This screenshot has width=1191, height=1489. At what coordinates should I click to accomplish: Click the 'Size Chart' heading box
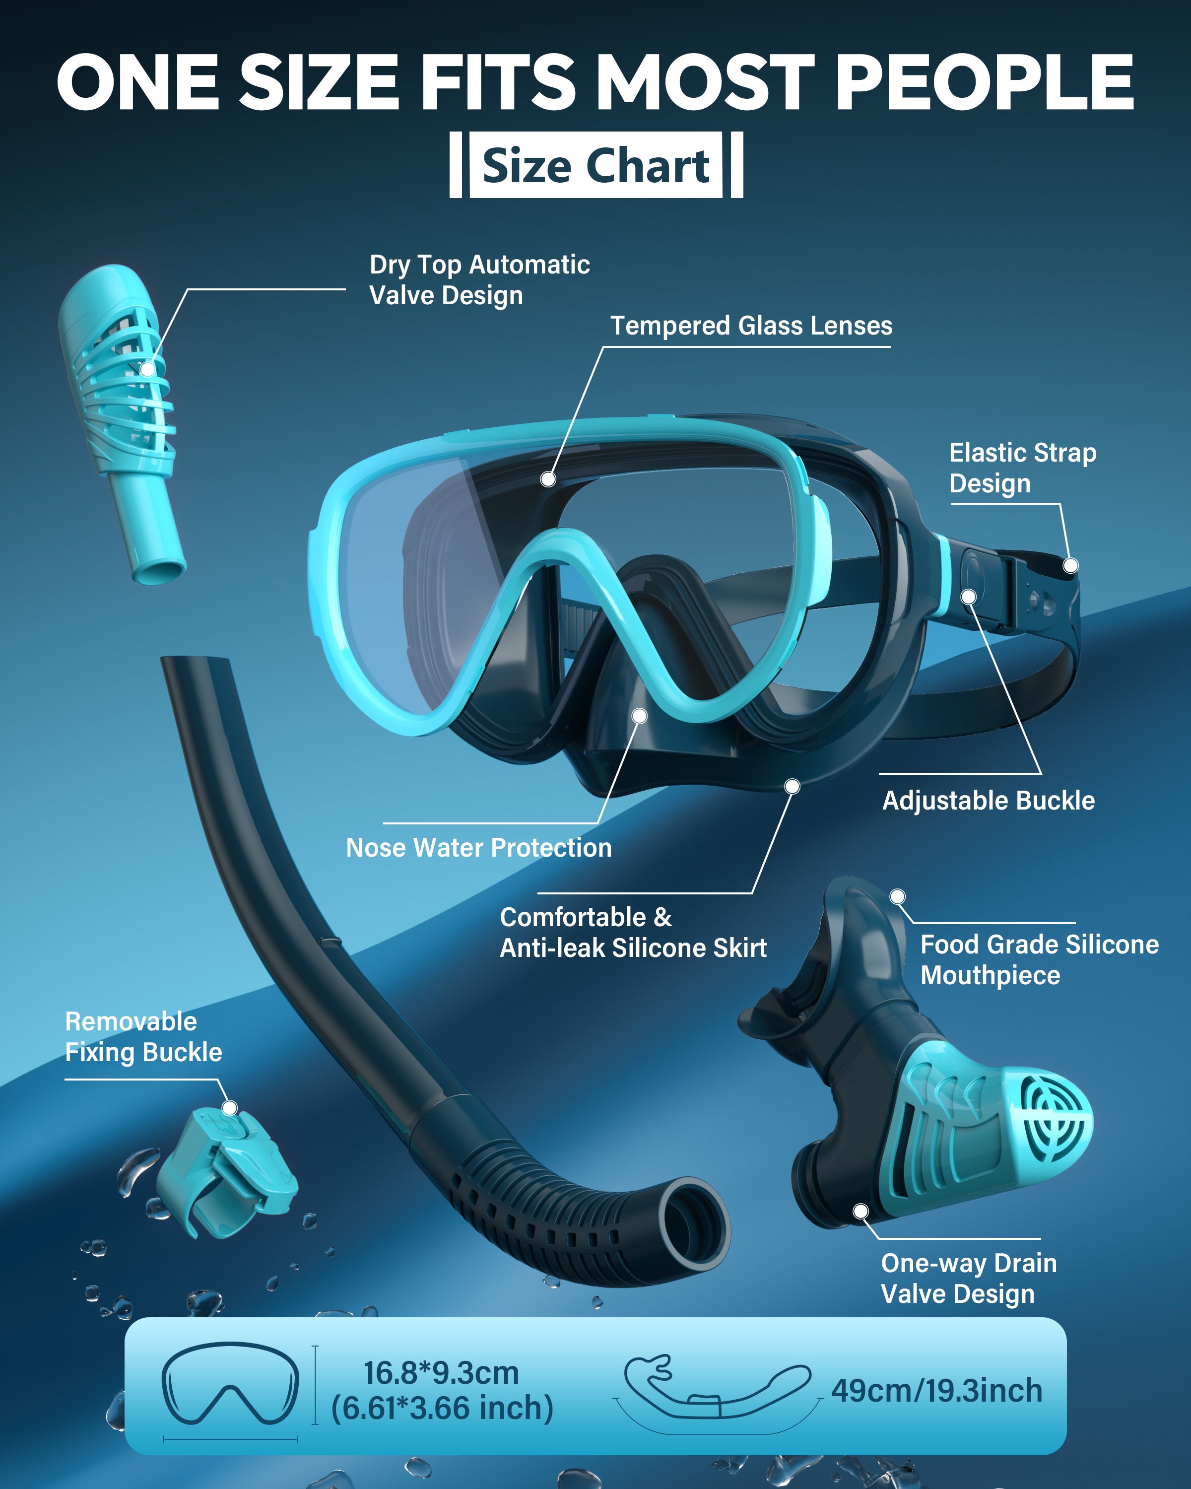[596, 165]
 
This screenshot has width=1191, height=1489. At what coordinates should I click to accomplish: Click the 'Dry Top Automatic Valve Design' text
[479, 280]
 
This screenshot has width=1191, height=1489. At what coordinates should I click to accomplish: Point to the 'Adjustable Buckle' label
[988, 801]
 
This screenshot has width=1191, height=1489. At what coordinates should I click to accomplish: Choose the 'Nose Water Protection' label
[478, 847]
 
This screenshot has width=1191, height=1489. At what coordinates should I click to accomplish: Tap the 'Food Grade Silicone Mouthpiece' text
[1039, 959]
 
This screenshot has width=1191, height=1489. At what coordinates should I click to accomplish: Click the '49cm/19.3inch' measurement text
[936, 1390]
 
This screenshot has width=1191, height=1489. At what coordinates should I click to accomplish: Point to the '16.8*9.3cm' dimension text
[441, 1372]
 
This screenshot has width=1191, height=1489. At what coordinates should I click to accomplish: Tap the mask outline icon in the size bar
[230, 1383]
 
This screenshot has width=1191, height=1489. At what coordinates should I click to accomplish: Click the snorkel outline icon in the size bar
[718, 1389]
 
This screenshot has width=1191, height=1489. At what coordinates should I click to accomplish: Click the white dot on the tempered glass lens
[548, 478]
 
